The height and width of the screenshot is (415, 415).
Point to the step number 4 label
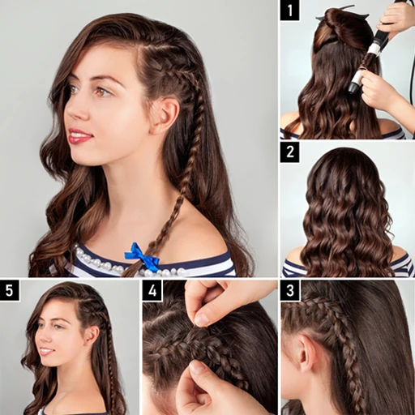[152, 291]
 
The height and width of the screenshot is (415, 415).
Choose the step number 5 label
[11, 291]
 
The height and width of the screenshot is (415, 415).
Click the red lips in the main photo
[79, 136]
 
